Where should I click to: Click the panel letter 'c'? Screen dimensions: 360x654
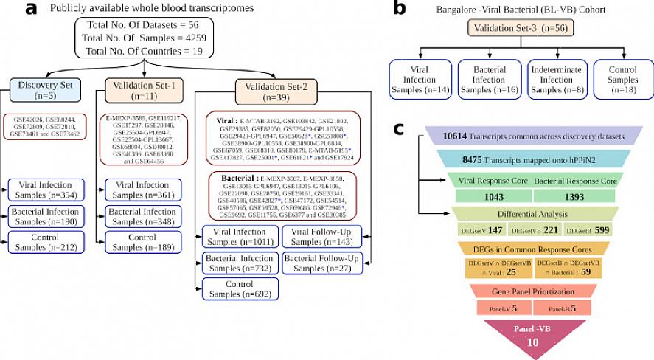click(x=399, y=128)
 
